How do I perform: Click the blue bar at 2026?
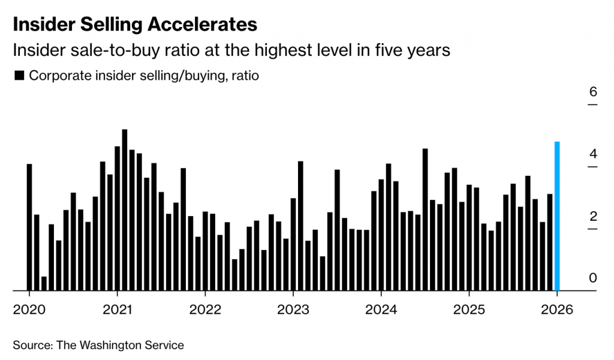tap(557, 216)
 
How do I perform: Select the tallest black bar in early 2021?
tap(125, 210)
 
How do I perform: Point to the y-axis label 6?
tap(593, 92)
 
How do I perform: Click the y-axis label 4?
tap(593, 154)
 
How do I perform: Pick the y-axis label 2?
tap(593, 216)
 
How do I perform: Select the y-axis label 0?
tap(593, 278)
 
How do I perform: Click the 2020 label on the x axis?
tap(29, 310)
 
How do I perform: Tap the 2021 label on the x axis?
tap(118, 310)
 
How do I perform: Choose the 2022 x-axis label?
tap(205, 310)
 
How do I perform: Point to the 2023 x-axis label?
tap(293, 310)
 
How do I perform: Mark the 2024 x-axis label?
tap(381, 310)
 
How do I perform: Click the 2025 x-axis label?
tap(469, 310)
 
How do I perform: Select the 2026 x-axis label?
tap(557, 310)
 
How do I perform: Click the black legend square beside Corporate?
tap(19, 76)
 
